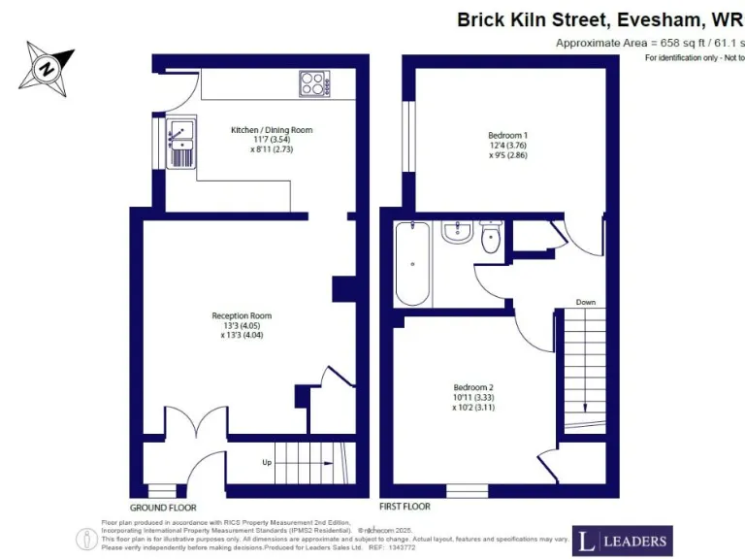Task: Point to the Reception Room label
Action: coord(242,315)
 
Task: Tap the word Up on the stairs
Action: coord(267,462)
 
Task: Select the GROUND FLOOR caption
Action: coord(163,508)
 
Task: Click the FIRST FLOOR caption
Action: coord(405,507)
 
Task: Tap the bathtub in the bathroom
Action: coord(412,262)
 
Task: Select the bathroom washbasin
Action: coord(455,233)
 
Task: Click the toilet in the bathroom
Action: coord(491,237)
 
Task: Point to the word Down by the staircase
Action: coord(585,302)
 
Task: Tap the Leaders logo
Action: coord(621,541)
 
